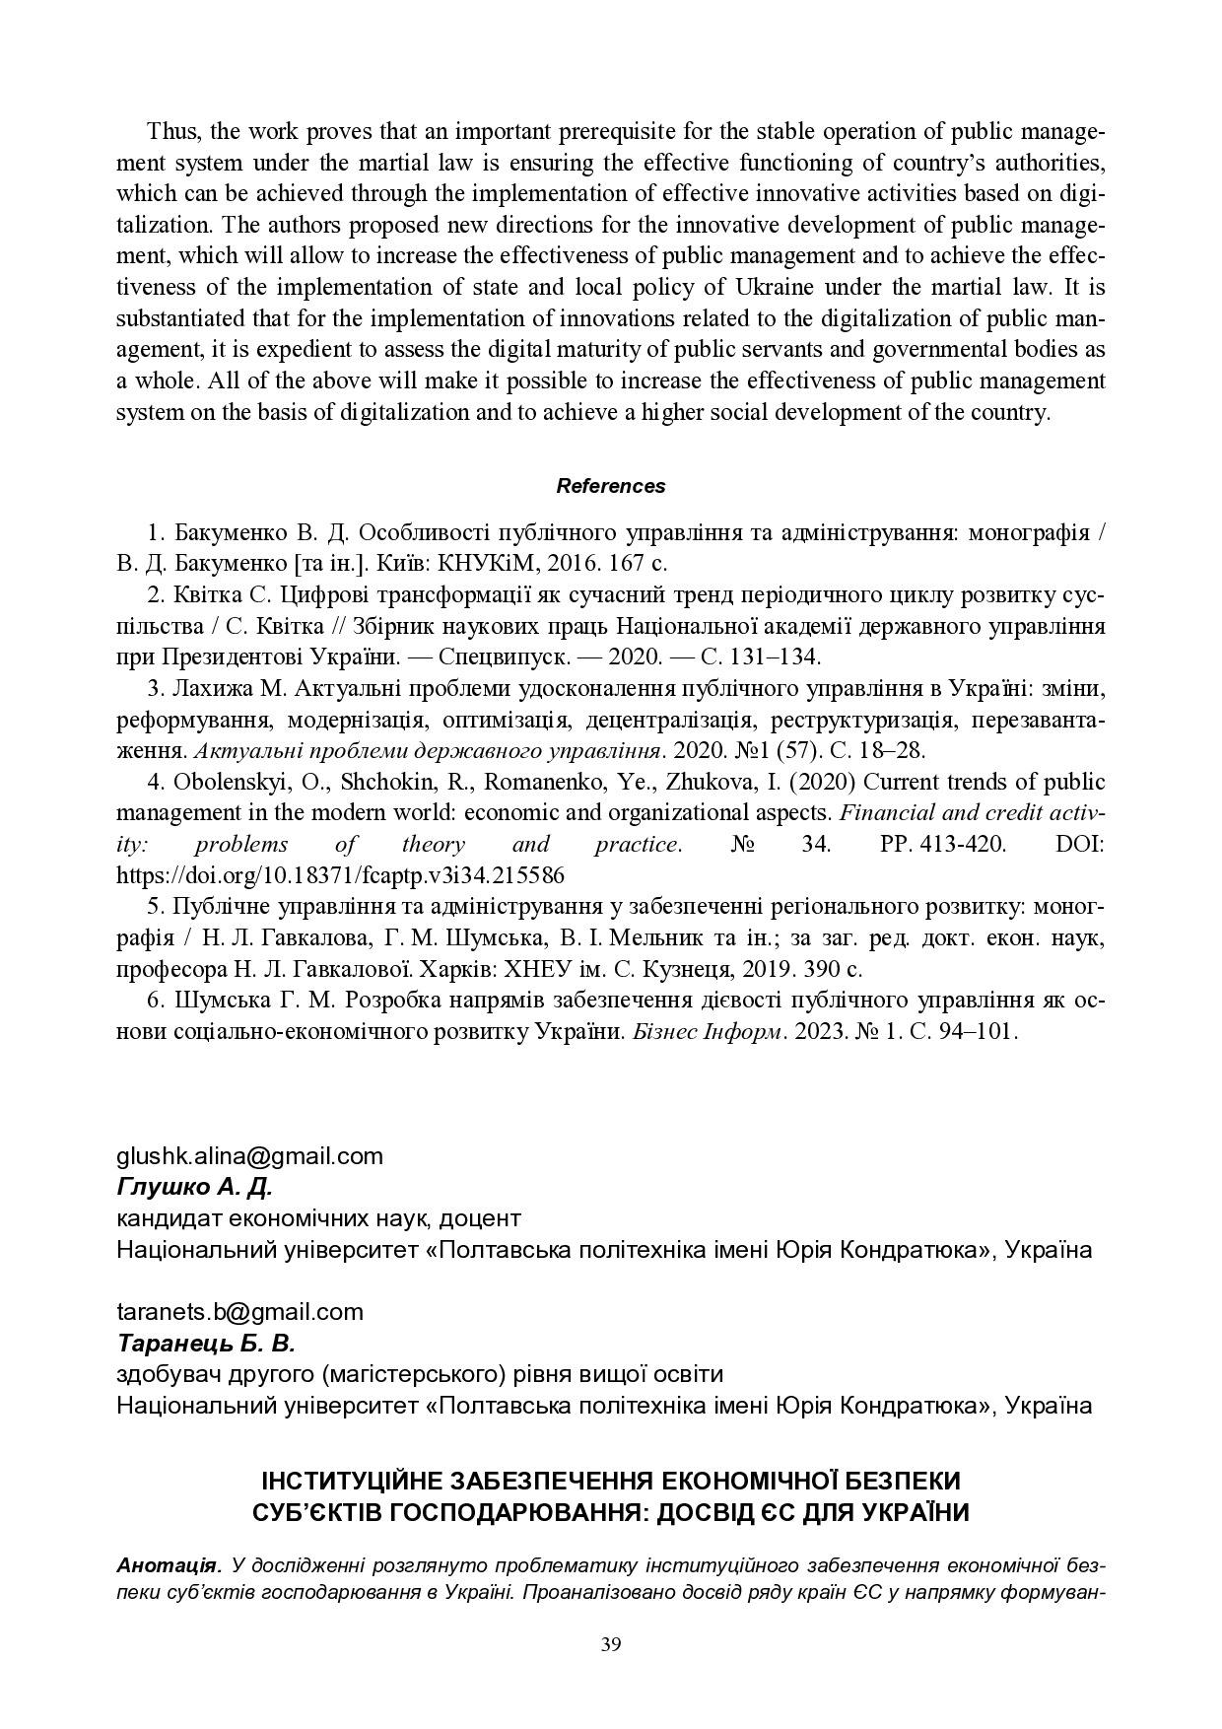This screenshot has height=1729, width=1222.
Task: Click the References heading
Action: (x=611, y=486)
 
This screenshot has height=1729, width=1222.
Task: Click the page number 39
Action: (x=611, y=1643)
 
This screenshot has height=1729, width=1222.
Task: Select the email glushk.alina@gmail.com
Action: (x=249, y=1155)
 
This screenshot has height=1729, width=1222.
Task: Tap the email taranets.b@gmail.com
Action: (x=239, y=1311)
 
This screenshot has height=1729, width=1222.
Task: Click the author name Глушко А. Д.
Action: (x=194, y=1186)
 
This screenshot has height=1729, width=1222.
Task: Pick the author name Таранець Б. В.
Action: (x=206, y=1343)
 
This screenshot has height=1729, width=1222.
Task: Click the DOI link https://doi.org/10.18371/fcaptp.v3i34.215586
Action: (x=340, y=875)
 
